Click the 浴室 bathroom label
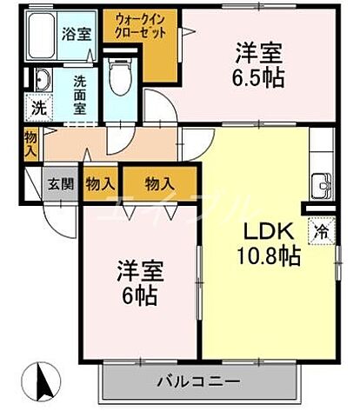76,35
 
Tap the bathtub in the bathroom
39,36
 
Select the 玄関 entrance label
59,183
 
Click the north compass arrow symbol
44,381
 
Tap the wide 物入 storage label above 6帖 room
158,183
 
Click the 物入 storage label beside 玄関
101,183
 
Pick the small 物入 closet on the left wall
30,142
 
